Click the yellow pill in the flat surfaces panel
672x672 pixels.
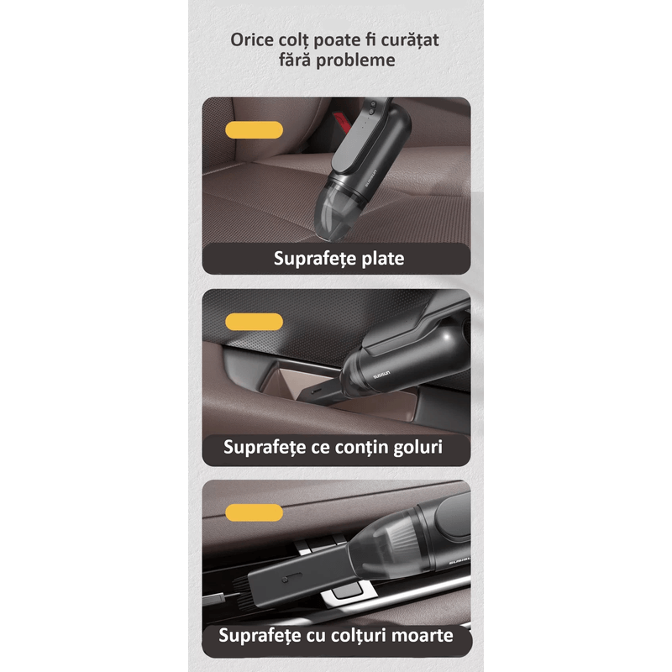[x=255, y=129]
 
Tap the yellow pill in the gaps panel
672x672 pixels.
[x=255, y=322]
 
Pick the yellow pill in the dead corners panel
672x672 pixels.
[x=255, y=513]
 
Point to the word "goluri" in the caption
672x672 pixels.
[x=418, y=446]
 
